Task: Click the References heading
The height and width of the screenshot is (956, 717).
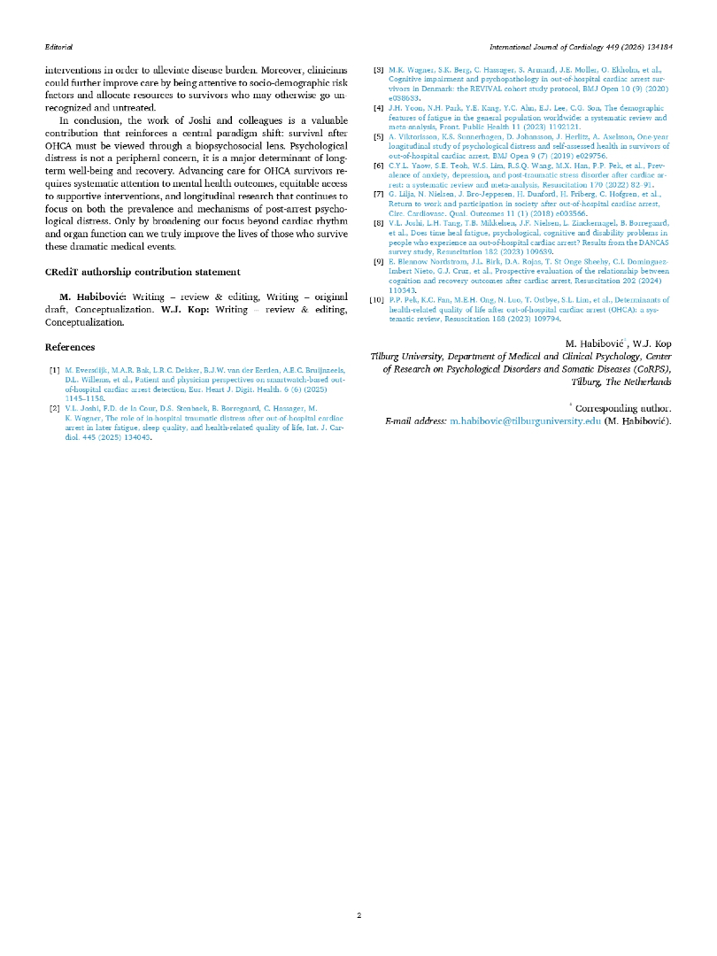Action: (x=72, y=348)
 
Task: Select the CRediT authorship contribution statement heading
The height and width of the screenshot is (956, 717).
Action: (x=142, y=271)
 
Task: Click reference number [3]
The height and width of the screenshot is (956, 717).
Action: (x=378, y=68)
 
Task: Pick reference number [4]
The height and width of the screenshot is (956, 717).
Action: (x=378, y=107)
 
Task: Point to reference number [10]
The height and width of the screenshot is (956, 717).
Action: (x=376, y=300)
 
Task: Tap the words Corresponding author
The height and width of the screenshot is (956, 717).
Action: (x=623, y=409)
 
